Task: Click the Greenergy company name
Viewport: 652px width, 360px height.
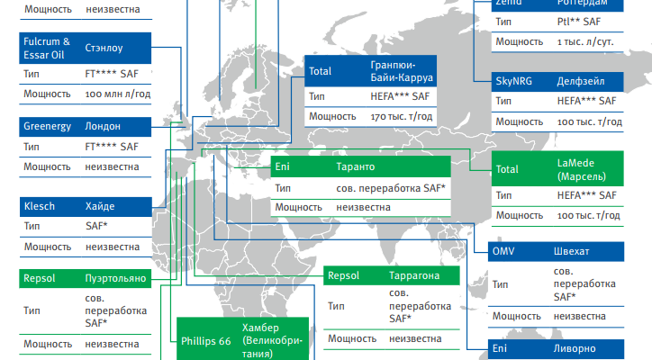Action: tap(48, 126)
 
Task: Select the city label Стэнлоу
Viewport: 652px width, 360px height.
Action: tap(104, 48)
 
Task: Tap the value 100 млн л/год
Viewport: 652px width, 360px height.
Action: tap(118, 94)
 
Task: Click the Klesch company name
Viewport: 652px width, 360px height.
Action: tap(40, 206)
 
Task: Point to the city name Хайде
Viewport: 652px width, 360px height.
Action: tap(100, 206)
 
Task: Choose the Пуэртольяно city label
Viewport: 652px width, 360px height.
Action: tap(115, 278)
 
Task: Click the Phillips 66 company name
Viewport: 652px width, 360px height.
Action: tap(206, 341)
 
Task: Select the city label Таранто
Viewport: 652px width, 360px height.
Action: tap(356, 166)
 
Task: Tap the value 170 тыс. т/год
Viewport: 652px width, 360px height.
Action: tap(402, 116)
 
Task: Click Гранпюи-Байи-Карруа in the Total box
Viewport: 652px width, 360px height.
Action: tap(402, 71)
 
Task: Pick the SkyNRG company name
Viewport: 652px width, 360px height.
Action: tap(514, 81)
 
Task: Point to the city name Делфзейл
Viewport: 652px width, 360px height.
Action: tap(581, 82)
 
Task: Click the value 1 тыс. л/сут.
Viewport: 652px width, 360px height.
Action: tap(585, 42)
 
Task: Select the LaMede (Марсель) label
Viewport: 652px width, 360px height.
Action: tap(582, 169)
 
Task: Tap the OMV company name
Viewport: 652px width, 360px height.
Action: tap(503, 251)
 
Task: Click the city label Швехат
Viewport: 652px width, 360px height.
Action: tap(571, 251)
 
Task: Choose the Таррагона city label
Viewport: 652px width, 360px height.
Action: tap(414, 275)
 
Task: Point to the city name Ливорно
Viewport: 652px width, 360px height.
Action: tap(575, 348)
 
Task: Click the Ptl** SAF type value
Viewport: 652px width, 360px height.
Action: tap(579, 22)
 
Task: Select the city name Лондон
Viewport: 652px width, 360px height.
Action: tap(103, 126)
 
